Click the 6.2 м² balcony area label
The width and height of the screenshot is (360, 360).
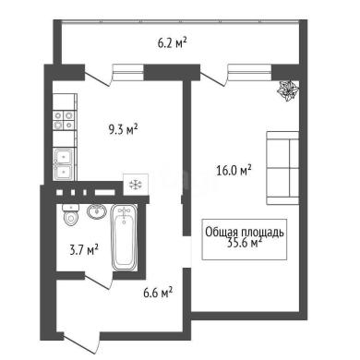point(173,43)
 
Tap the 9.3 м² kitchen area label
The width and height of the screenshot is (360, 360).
point(123,129)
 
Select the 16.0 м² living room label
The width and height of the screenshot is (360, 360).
point(234,170)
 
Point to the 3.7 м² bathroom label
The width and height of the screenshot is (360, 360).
point(84,250)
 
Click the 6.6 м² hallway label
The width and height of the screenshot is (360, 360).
point(158,293)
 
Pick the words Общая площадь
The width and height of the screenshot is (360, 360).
point(245,233)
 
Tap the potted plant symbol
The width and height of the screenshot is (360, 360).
point(288,90)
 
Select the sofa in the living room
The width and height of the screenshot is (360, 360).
point(282,168)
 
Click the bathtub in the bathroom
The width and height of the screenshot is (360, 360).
point(124,237)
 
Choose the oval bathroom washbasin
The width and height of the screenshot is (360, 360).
point(97,211)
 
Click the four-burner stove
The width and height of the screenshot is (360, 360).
point(64,120)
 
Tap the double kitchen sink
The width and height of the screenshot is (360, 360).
point(64,164)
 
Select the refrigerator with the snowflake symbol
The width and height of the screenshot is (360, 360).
point(136,185)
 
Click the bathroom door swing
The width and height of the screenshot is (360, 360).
point(98,281)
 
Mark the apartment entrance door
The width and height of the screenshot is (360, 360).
point(81,344)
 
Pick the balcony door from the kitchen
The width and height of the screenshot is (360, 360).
point(98,78)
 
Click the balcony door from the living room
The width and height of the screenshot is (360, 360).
point(213,78)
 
